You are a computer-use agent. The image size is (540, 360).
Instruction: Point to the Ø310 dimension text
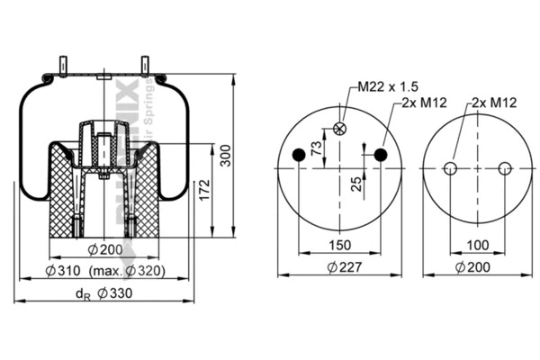pyautogui.click(x=65, y=272)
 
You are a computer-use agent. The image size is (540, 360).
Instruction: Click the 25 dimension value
pyautogui.click(x=356, y=184)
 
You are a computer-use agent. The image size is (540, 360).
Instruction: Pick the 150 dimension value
pyautogui.click(x=339, y=246)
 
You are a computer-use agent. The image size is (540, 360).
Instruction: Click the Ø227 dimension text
pyautogui.click(x=339, y=266)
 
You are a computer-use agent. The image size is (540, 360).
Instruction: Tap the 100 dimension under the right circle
pyautogui.click(x=478, y=246)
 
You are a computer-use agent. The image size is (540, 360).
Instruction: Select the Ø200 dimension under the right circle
pyautogui.click(x=478, y=266)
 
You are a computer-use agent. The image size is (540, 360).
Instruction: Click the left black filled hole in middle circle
pyautogui.click(x=300, y=157)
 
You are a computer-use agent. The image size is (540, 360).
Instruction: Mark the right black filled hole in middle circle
pyautogui.click(x=380, y=157)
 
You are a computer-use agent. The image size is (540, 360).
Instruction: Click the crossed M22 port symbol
pyautogui.click(x=339, y=129)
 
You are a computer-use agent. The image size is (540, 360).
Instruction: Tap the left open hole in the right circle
pyautogui.click(x=451, y=168)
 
